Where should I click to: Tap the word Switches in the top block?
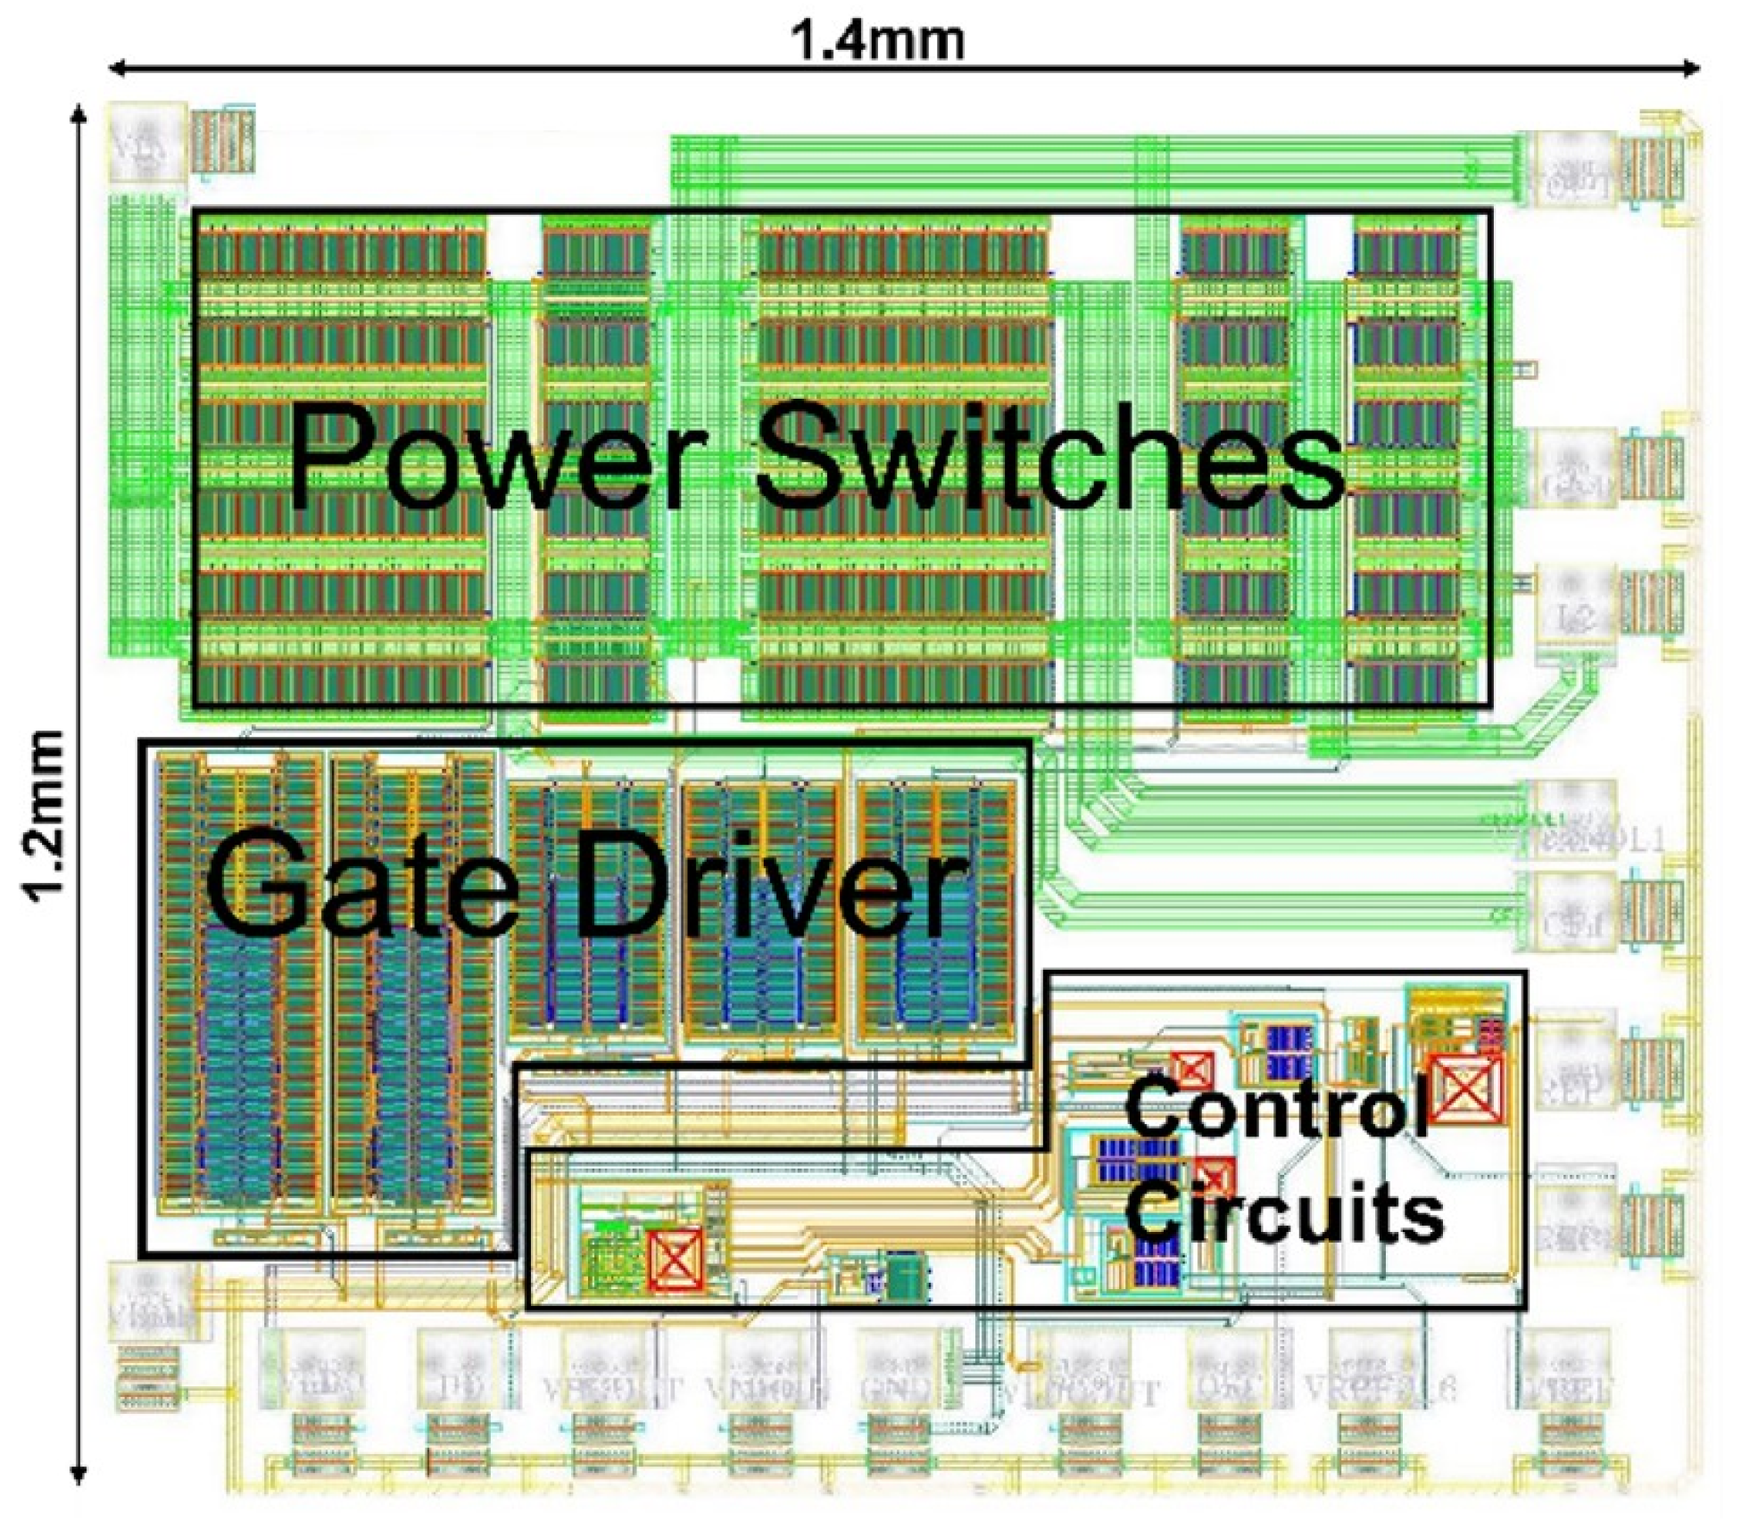(x=1050, y=457)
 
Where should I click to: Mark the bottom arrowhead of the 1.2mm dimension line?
(x=79, y=1474)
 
